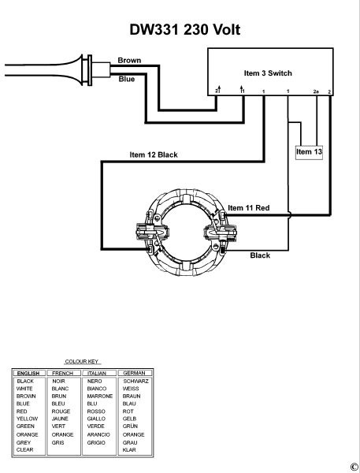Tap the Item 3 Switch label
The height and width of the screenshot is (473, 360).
[268, 73]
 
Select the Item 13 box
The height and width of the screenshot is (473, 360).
[309, 151]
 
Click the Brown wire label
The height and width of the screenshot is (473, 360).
[129, 60]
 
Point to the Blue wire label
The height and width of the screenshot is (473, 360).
[126, 78]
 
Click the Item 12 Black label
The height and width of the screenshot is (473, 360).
[153, 155]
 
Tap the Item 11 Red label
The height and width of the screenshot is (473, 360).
[248, 207]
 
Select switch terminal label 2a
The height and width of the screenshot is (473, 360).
[315, 92]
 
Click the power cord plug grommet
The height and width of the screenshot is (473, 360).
[93, 68]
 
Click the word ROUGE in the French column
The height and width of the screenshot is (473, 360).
[61, 411]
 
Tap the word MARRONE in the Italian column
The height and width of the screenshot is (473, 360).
[100, 396]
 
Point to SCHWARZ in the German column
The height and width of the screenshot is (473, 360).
[135, 381]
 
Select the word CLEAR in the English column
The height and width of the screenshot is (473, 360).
[25, 449]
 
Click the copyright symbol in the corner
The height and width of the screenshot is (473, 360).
[354, 467]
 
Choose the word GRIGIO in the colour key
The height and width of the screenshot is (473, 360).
[98, 442]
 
